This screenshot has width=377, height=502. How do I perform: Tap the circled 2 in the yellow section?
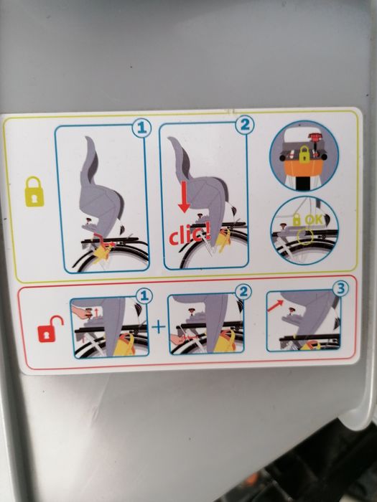(245, 124)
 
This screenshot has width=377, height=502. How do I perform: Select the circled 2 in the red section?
(244, 292)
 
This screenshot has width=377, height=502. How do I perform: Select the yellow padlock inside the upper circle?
(304, 154)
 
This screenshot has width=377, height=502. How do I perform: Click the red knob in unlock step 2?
(194, 311)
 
